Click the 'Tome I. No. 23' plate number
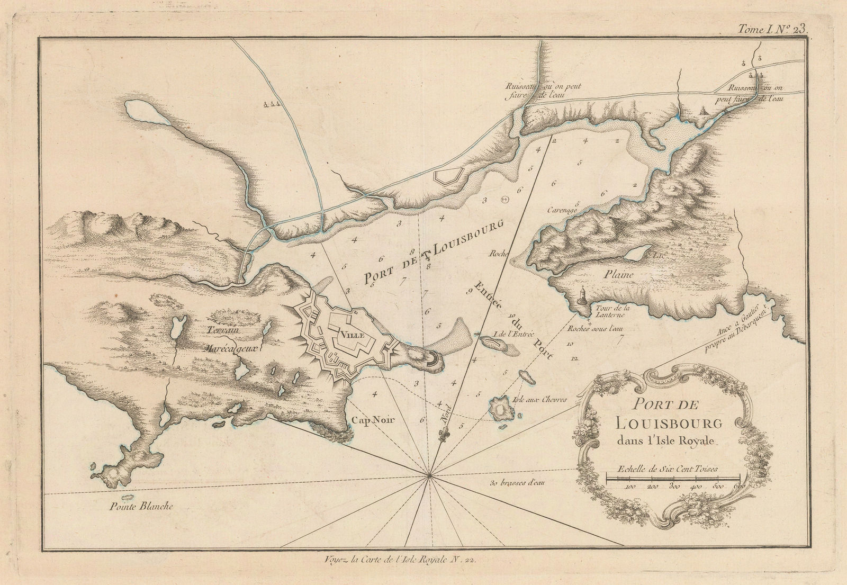pos(774,29)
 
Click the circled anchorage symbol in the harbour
pos(504,199)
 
